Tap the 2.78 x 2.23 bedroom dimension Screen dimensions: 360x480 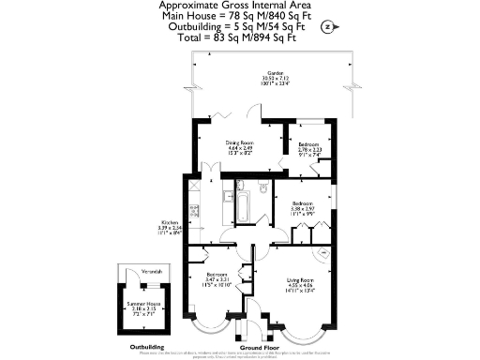coord(310,150)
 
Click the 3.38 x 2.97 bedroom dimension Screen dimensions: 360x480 coord(303,208)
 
